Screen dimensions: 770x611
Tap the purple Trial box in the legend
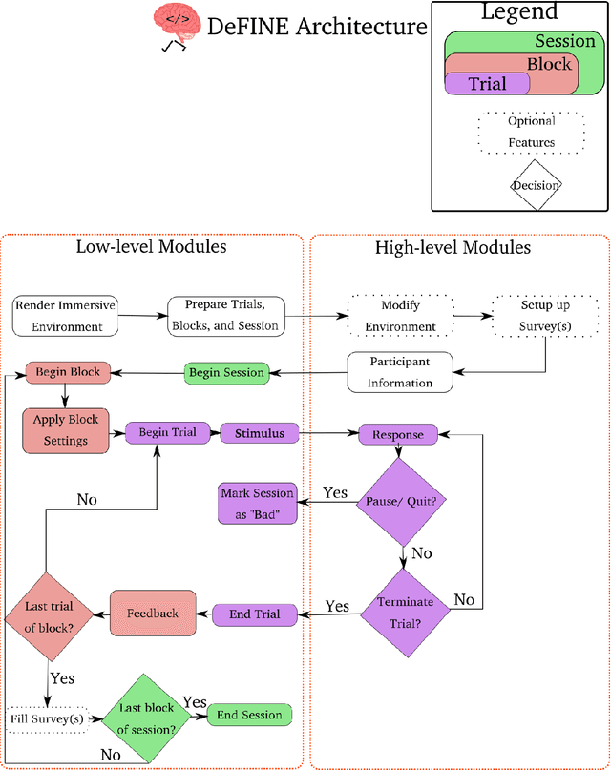tap(488, 84)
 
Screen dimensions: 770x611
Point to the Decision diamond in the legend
tap(534, 185)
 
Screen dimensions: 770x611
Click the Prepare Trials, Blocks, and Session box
tap(224, 316)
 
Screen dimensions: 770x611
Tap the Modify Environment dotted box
tap(401, 317)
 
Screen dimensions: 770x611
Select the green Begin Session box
tap(227, 372)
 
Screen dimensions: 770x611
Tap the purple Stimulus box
tap(260, 433)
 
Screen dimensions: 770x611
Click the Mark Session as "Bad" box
tap(258, 503)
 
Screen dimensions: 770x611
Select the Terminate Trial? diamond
tap(405, 611)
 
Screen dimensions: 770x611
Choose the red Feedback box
tap(153, 613)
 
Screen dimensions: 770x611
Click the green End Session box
tap(249, 716)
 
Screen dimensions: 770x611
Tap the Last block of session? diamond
tap(147, 718)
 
